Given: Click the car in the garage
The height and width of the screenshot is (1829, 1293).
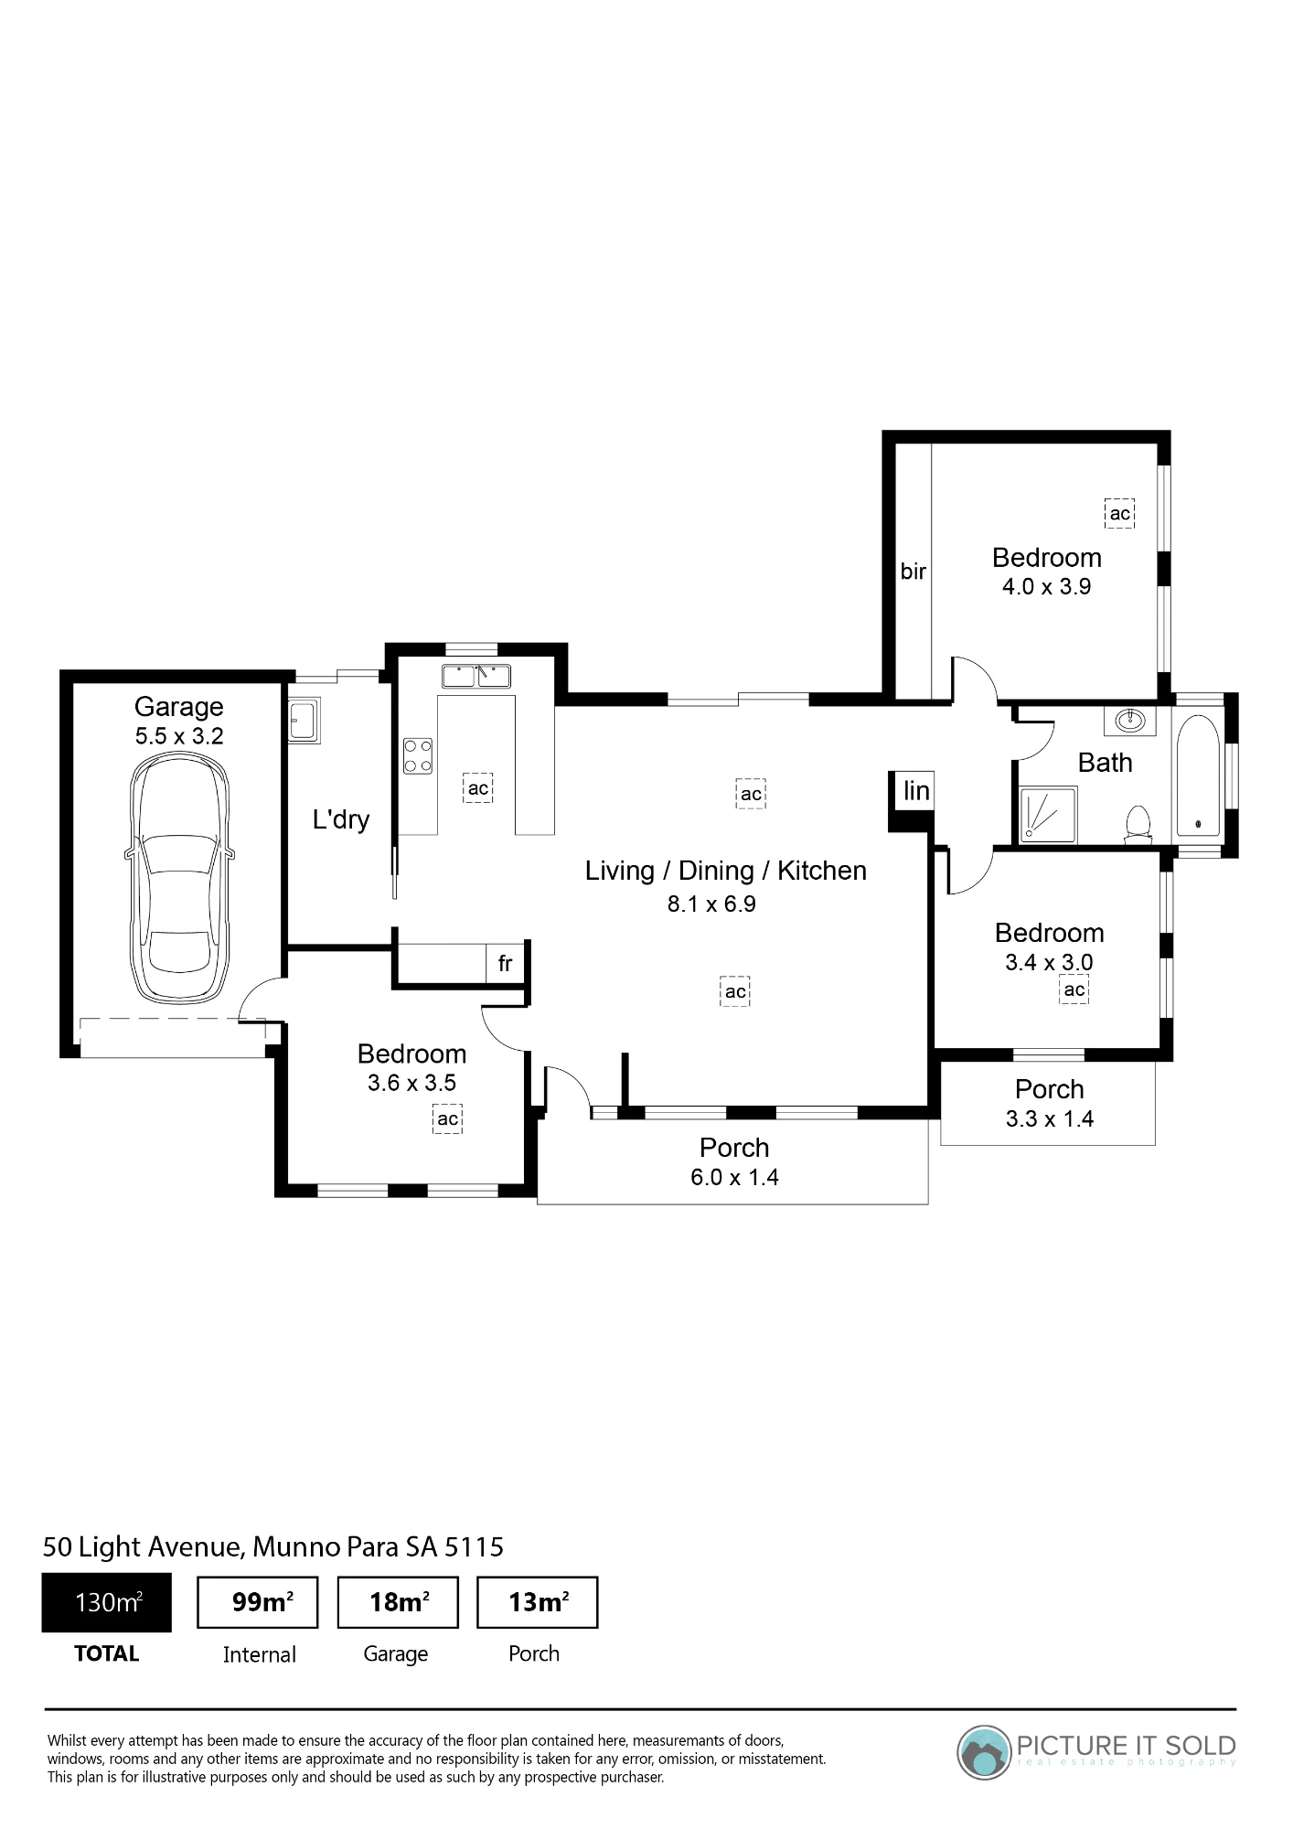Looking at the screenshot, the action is [x=179, y=877].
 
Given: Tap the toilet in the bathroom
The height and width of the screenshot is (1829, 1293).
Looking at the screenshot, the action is [x=1138, y=823].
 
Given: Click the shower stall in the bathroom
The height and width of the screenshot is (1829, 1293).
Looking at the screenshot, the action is [x=1048, y=815].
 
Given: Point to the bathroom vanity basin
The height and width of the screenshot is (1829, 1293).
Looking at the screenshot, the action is [x=1130, y=721].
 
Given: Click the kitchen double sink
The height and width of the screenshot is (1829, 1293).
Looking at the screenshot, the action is [x=476, y=677].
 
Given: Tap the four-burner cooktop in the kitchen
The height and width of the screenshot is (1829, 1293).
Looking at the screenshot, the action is [x=418, y=755].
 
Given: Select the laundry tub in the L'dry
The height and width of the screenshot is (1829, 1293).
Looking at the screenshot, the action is [x=304, y=721].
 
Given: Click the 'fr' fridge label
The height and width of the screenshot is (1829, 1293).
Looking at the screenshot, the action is [x=505, y=963].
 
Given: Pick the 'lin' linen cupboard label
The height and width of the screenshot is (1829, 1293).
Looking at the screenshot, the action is [x=916, y=790].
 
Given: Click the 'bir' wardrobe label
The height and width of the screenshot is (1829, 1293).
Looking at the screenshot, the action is [x=914, y=571].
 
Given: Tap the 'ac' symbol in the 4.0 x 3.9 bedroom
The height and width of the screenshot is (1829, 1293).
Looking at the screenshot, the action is [x=1120, y=514].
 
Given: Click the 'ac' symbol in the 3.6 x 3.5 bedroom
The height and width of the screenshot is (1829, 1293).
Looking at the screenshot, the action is [x=447, y=1118].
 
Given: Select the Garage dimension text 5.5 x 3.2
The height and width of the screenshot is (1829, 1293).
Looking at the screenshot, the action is [x=179, y=736].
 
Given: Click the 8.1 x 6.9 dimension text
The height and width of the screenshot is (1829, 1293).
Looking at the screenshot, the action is [x=711, y=904].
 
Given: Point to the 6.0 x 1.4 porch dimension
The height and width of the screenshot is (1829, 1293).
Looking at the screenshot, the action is [x=734, y=1177].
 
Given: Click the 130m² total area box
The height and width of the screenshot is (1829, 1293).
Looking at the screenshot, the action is [x=107, y=1602].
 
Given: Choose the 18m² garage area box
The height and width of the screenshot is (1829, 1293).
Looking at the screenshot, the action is [x=398, y=1602].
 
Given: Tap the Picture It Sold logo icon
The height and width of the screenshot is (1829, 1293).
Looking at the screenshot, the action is [x=984, y=1752].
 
